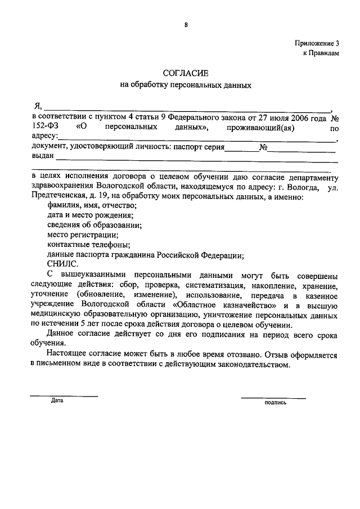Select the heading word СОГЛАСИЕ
click(185, 73)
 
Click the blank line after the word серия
click(241, 150)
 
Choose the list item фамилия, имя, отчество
click(92, 205)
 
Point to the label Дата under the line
click(57, 401)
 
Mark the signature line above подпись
click(273, 397)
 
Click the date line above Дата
click(64, 396)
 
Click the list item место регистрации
click(83, 235)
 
